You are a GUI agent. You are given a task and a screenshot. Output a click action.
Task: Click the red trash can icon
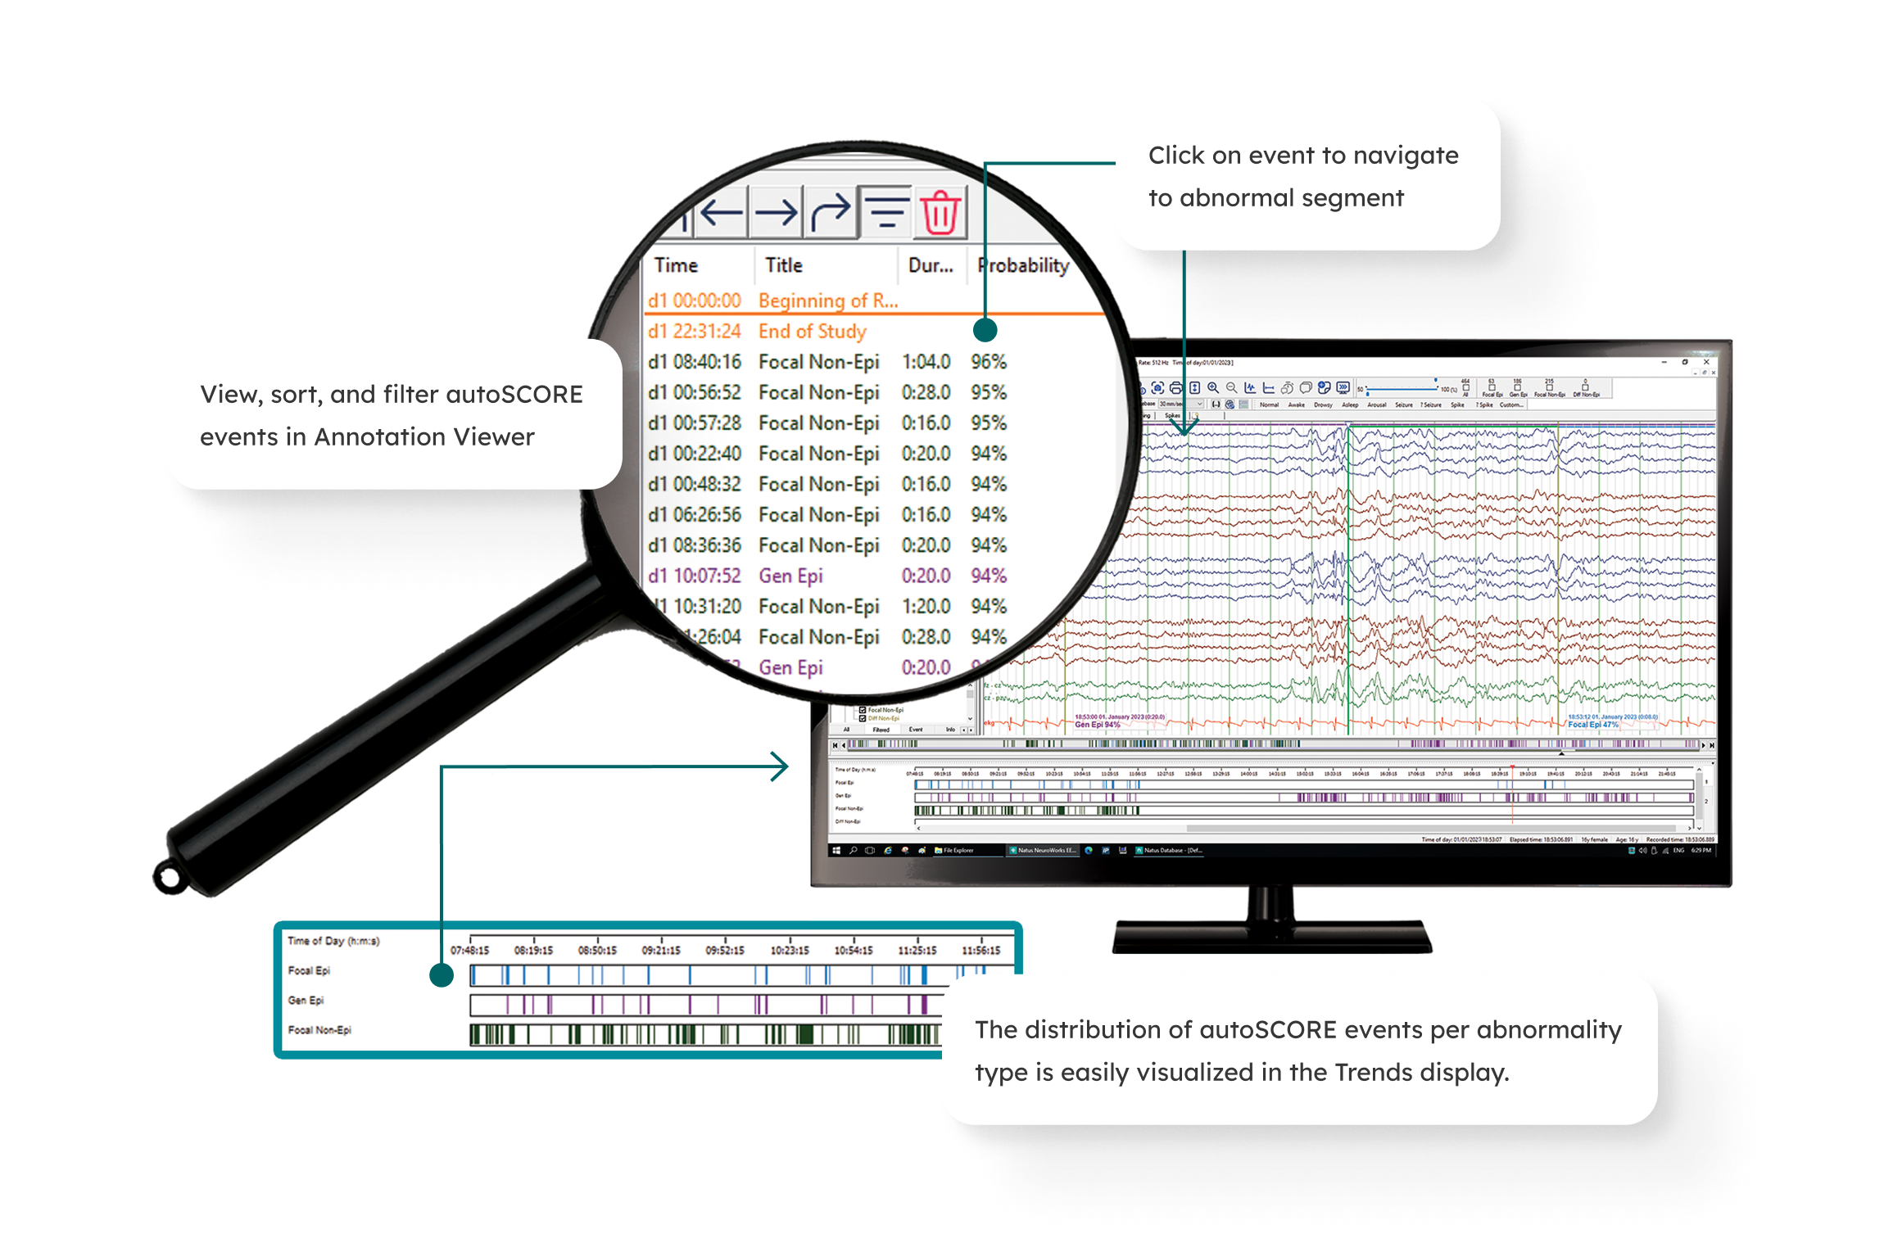point(940,212)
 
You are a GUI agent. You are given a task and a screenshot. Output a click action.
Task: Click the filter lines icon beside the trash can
point(886,212)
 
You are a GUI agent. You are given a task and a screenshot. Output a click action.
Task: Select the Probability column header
point(1023,265)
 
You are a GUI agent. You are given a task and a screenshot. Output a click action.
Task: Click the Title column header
point(783,265)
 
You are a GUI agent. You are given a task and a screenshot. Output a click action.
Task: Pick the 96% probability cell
point(989,362)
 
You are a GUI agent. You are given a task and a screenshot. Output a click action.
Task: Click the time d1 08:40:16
point(695,362)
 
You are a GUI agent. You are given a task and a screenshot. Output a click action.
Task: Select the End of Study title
point(812,332)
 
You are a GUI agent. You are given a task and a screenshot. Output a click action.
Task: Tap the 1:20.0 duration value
point(926,607)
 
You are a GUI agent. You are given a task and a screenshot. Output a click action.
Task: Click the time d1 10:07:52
point(695,576)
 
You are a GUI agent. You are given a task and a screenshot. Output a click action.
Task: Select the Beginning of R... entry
point(827,301)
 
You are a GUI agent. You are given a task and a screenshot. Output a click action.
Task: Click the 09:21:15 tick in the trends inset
point(661,950)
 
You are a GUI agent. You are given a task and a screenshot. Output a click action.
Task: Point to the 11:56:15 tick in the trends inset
point(980,950)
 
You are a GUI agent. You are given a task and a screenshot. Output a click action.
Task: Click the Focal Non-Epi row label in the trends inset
point(319,1030)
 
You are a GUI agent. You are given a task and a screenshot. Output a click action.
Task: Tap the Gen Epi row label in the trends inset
point(306,1001)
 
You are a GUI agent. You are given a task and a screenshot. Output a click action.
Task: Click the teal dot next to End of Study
point(985,330)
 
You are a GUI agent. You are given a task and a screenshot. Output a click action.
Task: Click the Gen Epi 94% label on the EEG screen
point(1097,725)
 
